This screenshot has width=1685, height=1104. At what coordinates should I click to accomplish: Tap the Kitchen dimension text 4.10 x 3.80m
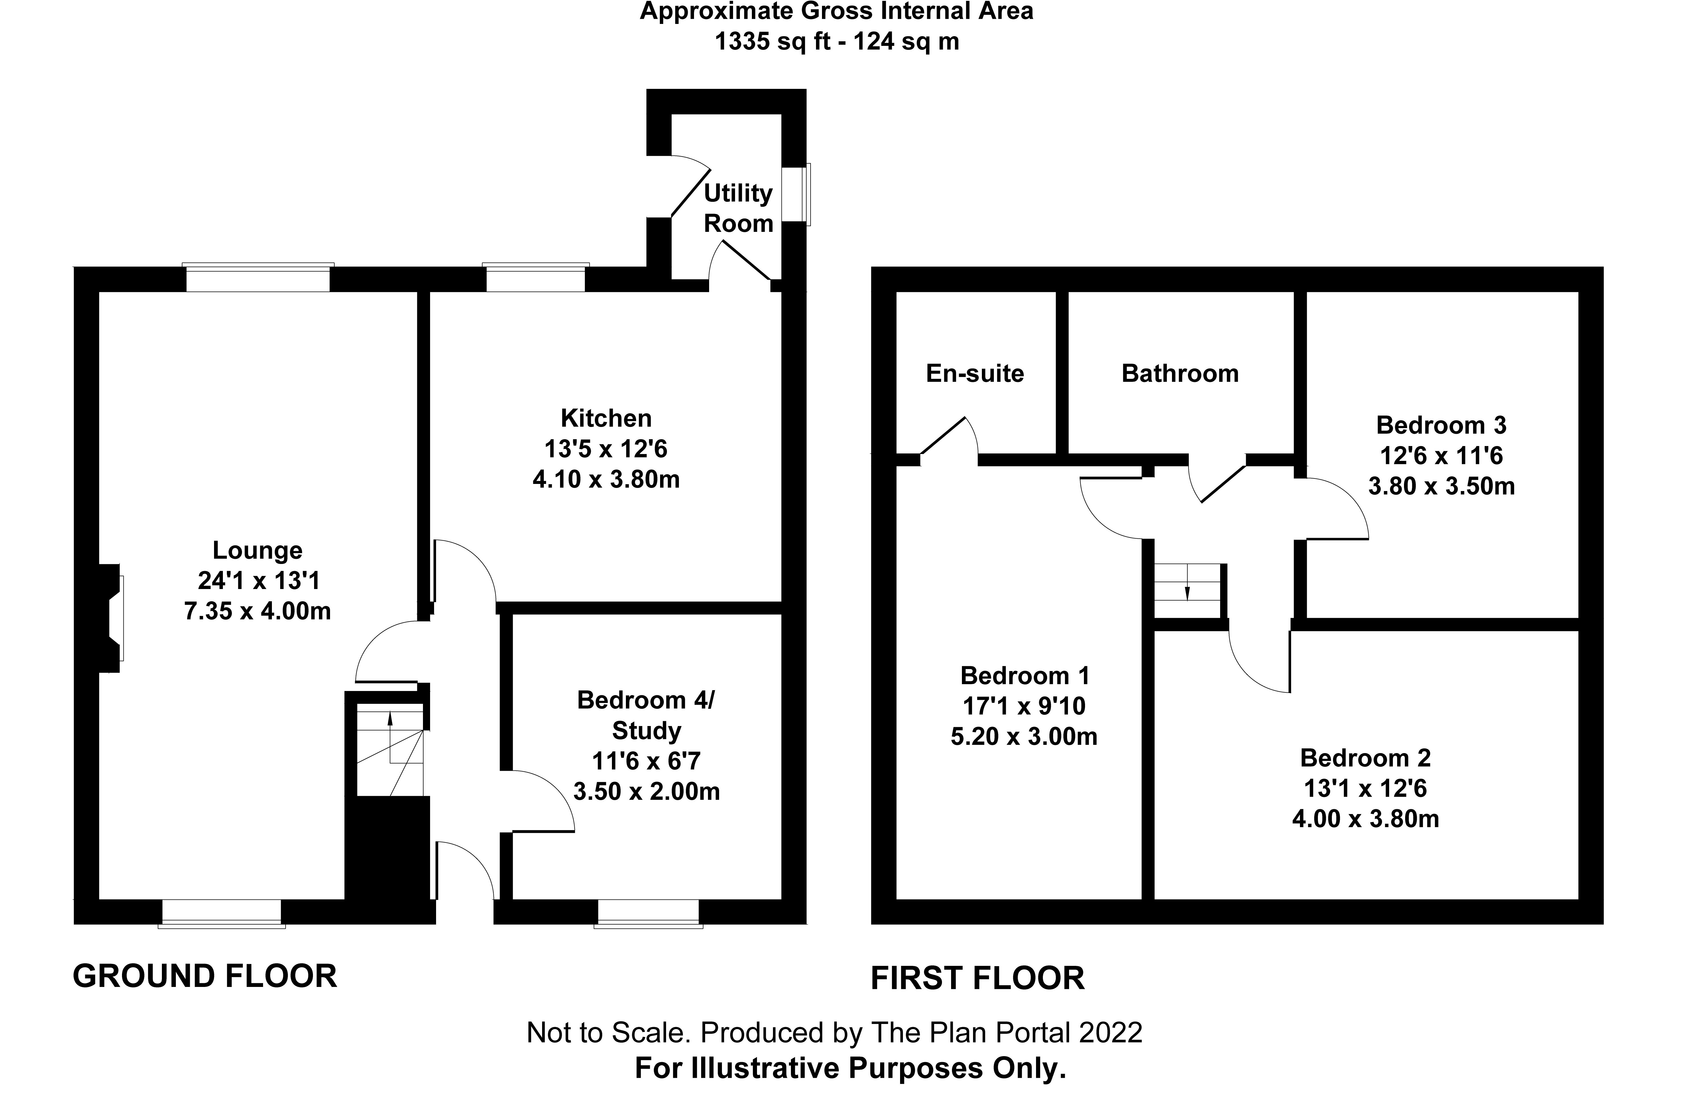[606, 480]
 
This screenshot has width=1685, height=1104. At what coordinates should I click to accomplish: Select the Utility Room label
[738, 208]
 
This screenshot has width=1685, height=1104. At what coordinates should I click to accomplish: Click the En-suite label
[975, 374]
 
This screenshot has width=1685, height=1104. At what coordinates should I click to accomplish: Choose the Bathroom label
[1180, 374]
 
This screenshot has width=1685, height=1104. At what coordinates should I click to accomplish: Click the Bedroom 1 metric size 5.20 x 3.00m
[1024, 737]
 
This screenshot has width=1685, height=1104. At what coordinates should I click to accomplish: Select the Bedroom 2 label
[1366, 758]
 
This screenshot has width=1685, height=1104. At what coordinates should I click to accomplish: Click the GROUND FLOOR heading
[205, 976]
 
